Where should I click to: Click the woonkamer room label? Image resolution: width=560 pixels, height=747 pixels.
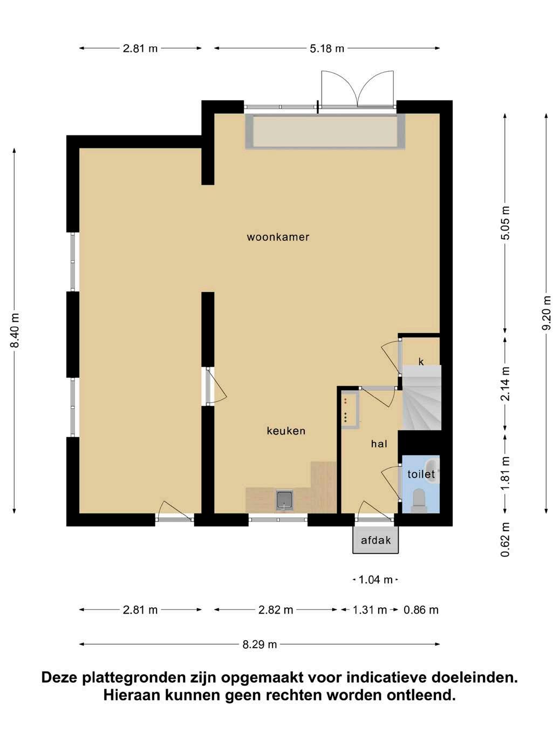[x=278, y=237]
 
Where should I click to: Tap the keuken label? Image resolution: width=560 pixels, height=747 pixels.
[x=286, y=431]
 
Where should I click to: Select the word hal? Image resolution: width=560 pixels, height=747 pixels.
[x=379, y=444]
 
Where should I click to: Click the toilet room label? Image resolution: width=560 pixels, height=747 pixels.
[x=421, y=474]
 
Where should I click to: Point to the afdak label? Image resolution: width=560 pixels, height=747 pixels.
[x=375, y=540]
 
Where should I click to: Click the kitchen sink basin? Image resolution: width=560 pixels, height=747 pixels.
[x=284, y=500]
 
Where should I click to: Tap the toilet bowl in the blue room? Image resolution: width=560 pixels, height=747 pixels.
[x=419, y=501]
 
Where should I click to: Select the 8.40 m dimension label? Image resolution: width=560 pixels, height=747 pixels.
[x=15, y=330]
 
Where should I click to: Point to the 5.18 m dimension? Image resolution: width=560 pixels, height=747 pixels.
[x=327, y=49]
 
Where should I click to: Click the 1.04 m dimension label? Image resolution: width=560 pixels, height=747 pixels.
[x=375, y=579]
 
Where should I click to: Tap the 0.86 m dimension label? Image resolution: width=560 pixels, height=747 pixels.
[x=421, y=610]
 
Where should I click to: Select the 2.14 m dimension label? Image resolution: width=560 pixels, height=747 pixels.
[x=506, y=384]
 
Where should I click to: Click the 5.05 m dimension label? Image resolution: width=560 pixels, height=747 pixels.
[x=506, y=223]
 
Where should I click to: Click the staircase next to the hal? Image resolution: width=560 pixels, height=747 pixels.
[x=421, y=397]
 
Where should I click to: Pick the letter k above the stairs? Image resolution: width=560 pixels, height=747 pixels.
[x=421, y=362]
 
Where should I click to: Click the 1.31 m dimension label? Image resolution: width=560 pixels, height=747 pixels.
[x=370, y=610]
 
